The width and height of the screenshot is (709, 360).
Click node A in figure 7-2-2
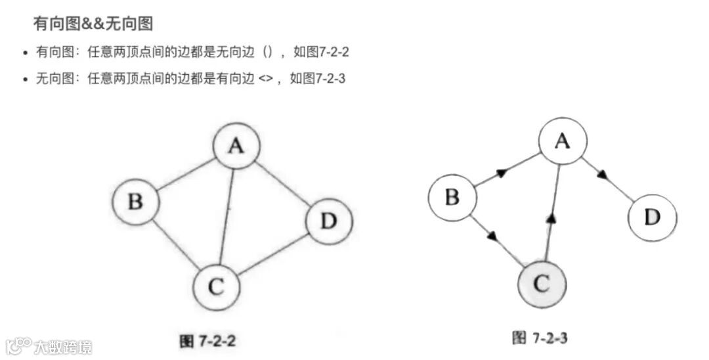pos(236,146)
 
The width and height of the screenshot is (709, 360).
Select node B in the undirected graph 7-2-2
pos(135,201)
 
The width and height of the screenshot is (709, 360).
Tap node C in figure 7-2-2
pos(217,286)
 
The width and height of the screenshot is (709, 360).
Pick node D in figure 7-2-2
pos(329,221)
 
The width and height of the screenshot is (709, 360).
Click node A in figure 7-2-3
pos(563,141)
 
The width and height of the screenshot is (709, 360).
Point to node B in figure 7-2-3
pos(452,196)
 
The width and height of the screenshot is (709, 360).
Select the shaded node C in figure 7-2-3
pos(542,283)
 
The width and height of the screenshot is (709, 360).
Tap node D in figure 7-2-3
pos(652,217)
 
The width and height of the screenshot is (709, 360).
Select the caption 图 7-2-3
pos(540,338)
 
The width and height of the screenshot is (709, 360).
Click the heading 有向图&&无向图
pos(93,24)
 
